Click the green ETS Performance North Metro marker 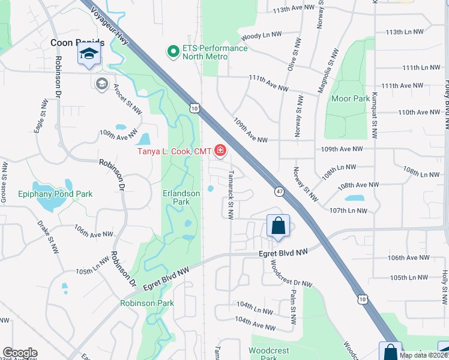point(173,52)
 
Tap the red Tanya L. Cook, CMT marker point(221,151)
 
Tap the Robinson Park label point(147,304)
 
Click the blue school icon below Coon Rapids point(89,55)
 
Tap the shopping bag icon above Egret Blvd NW point(278,226)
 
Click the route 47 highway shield point(280,191)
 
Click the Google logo point(20,353)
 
